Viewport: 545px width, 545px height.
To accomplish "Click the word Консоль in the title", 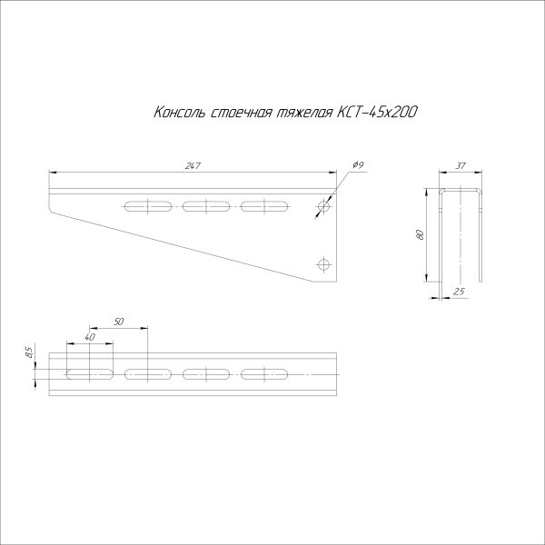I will (179, 113).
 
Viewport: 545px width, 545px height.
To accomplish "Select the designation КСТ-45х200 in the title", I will (378, 113).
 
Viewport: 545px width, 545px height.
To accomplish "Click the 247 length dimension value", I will (192, 165).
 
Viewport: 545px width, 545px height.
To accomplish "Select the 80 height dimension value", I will (420, 234).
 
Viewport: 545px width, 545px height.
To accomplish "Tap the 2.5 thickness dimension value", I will (459, 290).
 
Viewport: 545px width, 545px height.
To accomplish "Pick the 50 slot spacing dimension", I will (118, 322).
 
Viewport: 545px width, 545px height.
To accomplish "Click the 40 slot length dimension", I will (89, 338).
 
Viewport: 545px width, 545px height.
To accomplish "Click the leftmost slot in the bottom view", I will (89, 373).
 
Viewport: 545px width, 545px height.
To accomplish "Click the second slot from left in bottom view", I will (147, 373).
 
